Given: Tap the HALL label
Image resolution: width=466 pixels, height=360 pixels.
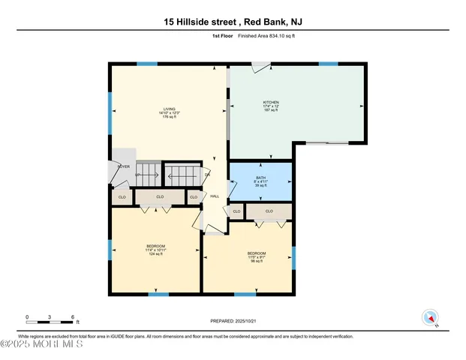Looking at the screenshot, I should coord(214,196).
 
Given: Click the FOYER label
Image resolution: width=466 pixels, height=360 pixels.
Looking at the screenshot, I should coord(123,166).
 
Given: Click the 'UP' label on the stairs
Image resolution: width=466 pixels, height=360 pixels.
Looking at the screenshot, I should coord(138,176).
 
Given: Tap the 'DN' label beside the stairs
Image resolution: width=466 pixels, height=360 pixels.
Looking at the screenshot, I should coord(208,175).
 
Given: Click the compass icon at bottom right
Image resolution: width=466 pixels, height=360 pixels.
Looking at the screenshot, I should coord(431,317).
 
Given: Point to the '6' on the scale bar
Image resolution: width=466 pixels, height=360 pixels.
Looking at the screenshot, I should coord(72,316).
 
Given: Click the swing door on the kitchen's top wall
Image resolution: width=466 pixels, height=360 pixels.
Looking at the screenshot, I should coord(258,68).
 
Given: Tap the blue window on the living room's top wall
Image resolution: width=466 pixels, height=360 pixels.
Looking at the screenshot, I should coord(147,64).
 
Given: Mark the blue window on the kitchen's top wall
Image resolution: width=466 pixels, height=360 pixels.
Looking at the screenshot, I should coord(328,64).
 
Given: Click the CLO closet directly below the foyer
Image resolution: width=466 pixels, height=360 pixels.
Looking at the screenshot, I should coord(122,197).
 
